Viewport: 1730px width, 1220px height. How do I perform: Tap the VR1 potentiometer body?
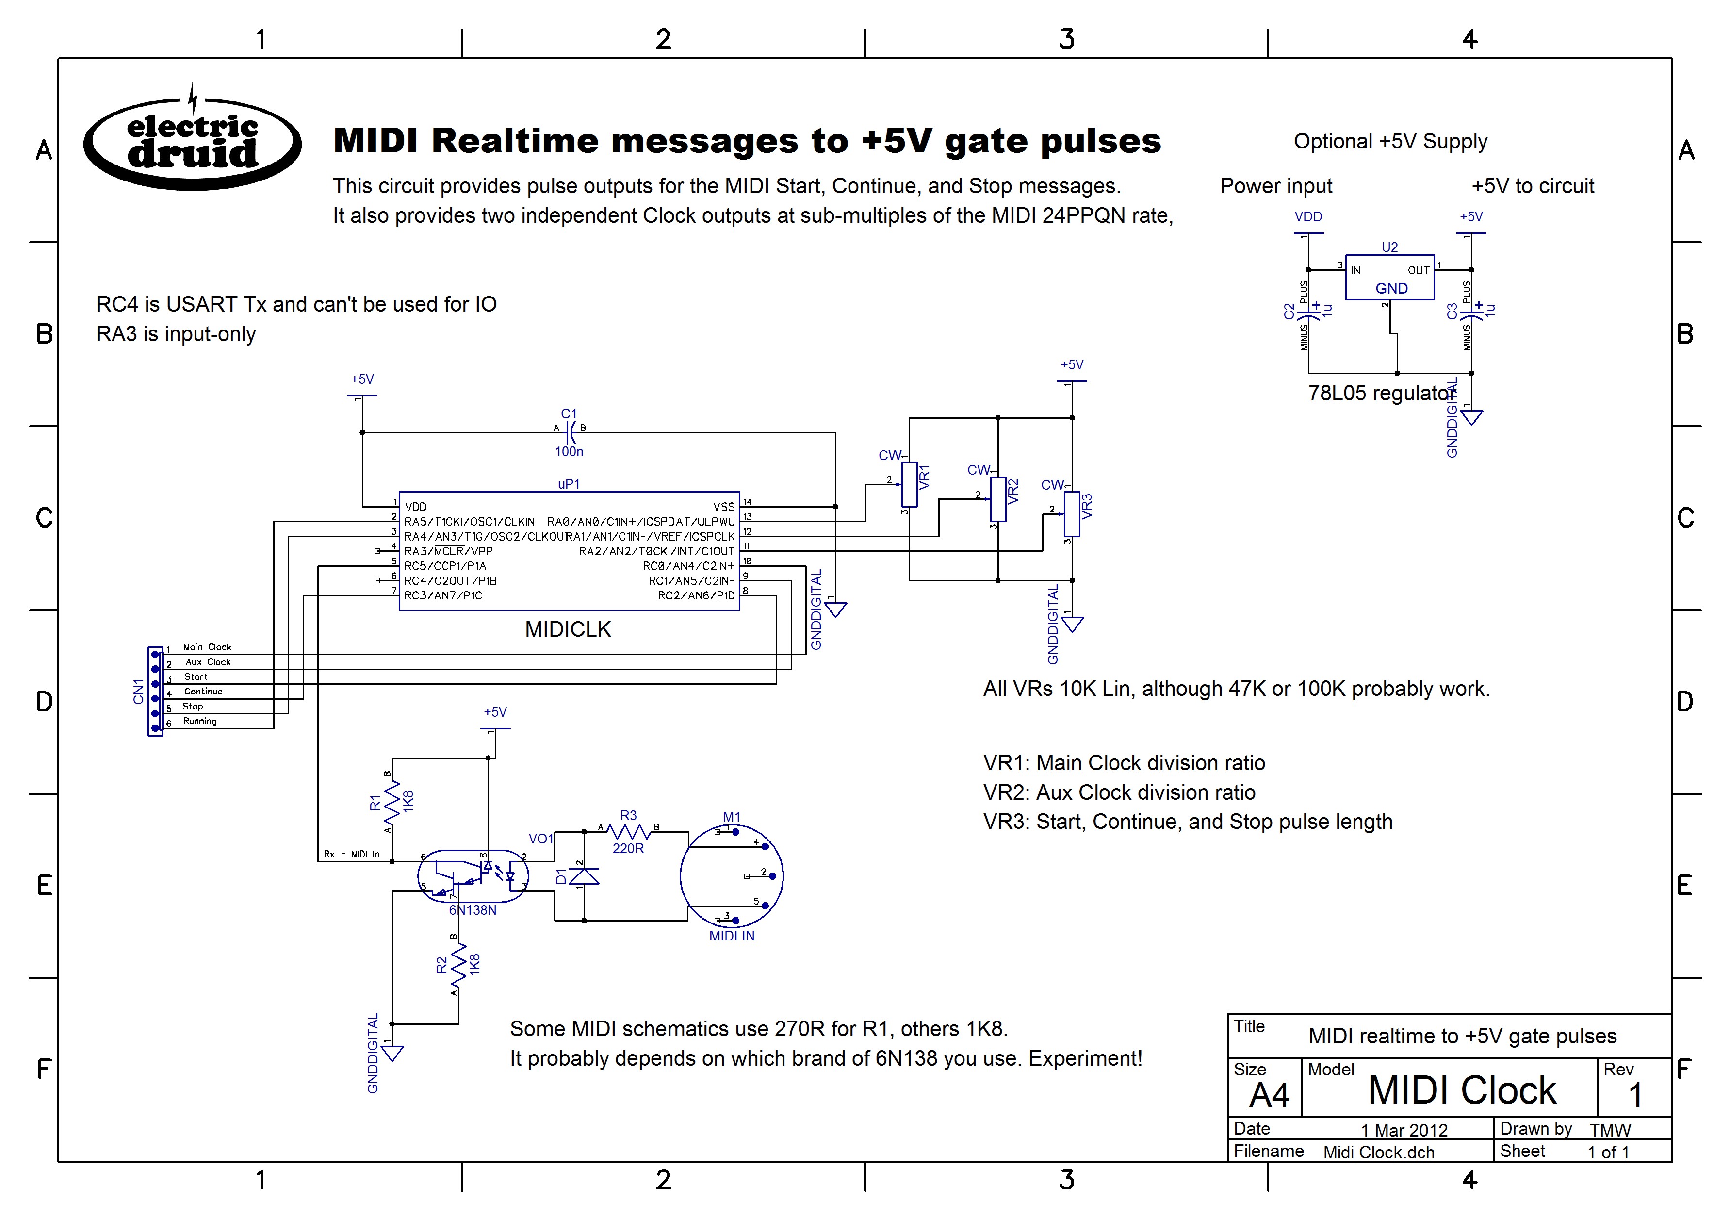[910, 484]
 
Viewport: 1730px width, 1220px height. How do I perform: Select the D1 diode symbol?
[584, 876]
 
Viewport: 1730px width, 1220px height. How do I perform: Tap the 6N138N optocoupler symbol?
[473, 876]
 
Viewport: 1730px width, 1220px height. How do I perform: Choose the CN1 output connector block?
[155, 691]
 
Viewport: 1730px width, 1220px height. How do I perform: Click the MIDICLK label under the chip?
[568, 629]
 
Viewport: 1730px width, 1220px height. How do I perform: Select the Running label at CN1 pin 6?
[200, 721]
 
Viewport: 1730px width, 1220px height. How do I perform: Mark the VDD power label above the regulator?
[1308, 217]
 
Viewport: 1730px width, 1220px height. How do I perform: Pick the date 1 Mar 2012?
[1404, 1130]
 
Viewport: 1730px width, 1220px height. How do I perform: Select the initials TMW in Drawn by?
[1609, 1130]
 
